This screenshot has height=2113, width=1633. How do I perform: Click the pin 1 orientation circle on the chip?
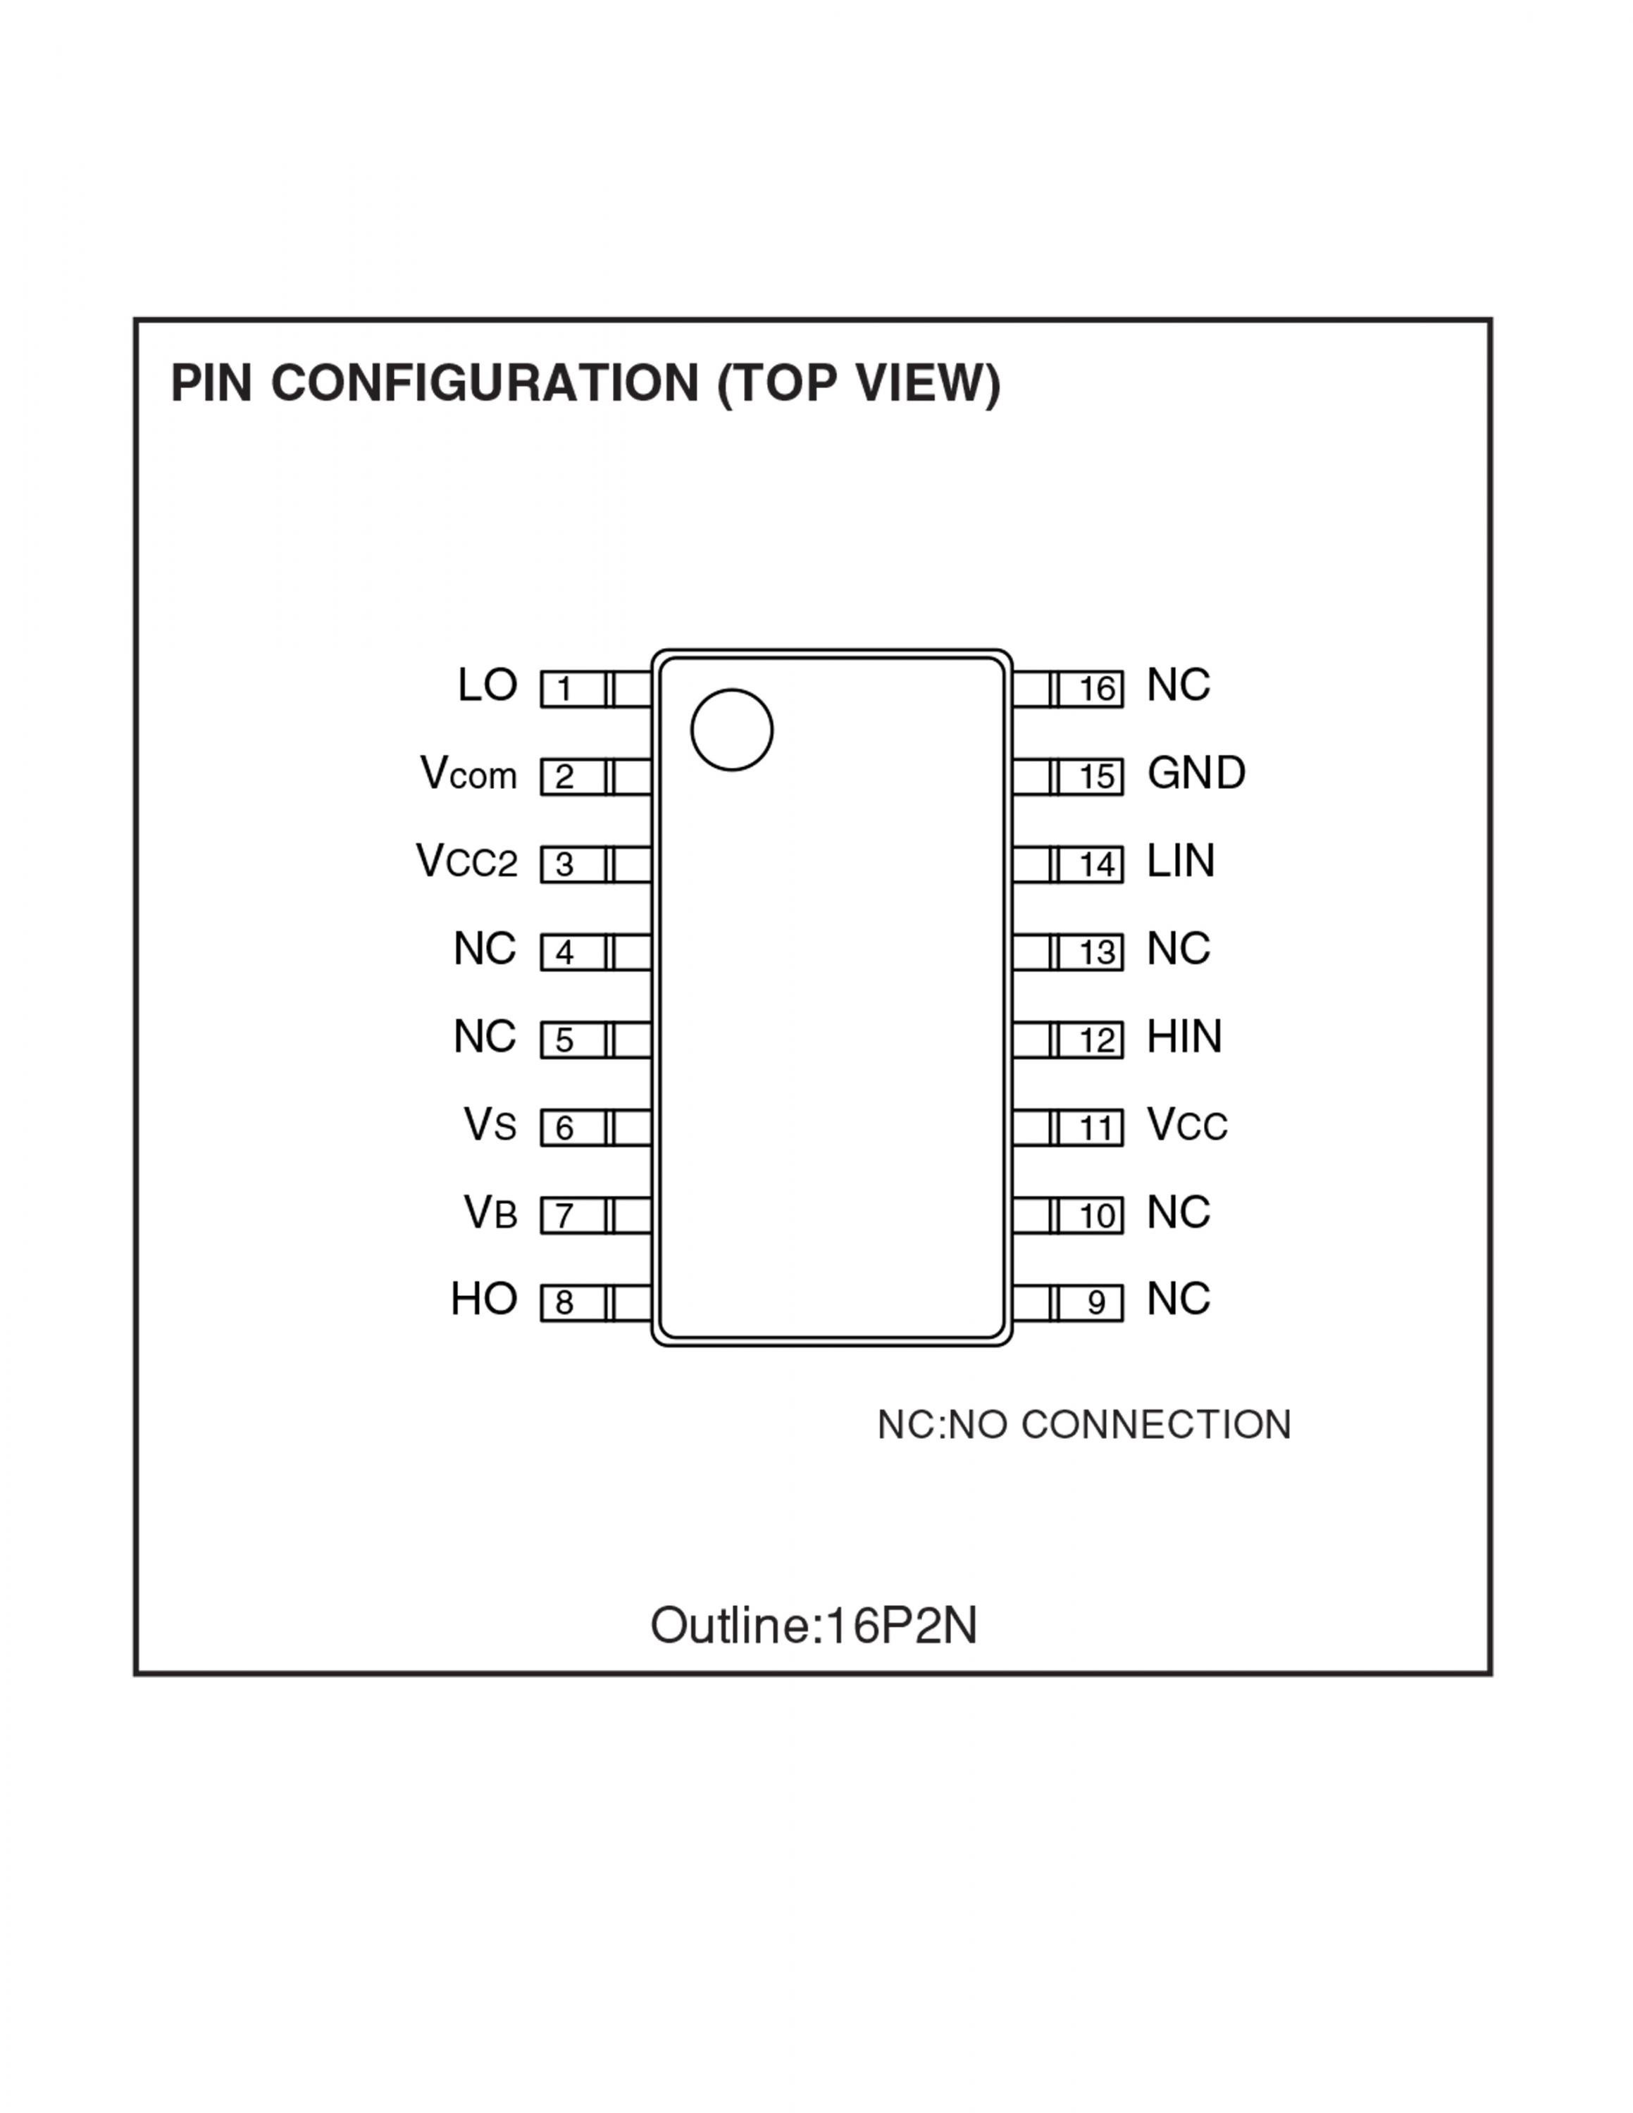(731, 730)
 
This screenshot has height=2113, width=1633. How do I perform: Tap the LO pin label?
(488, 686)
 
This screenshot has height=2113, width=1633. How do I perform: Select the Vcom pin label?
(468, 774)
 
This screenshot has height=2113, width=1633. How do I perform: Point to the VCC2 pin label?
(467, 861)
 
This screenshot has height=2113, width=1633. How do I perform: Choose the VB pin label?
(490, 1212)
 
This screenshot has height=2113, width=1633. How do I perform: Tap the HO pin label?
(485, 1299)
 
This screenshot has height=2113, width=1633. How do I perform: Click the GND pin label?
(1196, 773)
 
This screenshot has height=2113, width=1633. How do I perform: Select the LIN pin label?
(1180, 861)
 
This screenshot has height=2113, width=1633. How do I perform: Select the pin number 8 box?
(573, 1303)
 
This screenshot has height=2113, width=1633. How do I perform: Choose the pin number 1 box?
(573, 689)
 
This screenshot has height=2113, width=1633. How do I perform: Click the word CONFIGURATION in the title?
(485, 383)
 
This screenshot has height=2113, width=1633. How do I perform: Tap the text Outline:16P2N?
(814, 1626)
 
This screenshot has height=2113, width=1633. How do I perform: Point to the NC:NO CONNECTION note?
(1084, 1425)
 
